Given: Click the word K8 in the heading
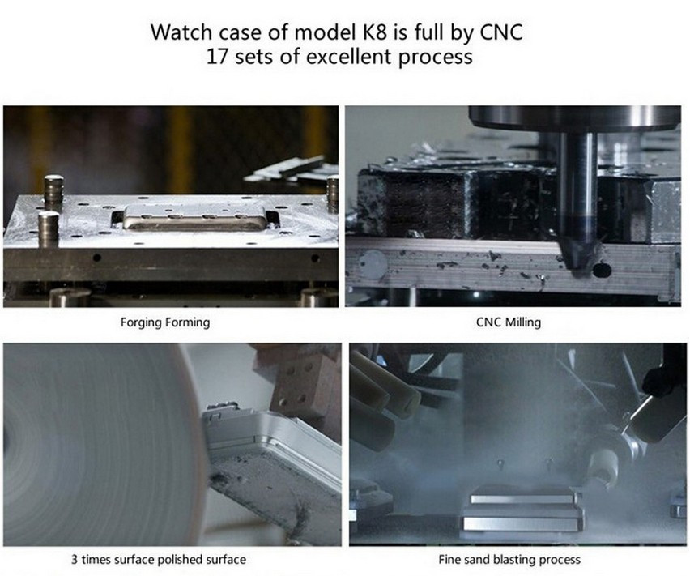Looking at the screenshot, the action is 374,32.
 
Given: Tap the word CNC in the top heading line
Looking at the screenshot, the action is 501,32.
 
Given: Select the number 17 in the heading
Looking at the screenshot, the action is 216,57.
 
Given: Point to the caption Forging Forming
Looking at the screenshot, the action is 165,322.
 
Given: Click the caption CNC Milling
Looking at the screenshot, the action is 509,322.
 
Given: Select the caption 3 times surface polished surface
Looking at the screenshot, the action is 159,560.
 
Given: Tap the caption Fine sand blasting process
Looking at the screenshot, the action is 509,560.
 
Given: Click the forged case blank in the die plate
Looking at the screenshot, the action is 195,217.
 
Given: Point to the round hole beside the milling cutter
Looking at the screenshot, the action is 601,269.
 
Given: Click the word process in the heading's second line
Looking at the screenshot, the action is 435,58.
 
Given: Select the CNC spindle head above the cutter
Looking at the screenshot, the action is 574,119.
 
